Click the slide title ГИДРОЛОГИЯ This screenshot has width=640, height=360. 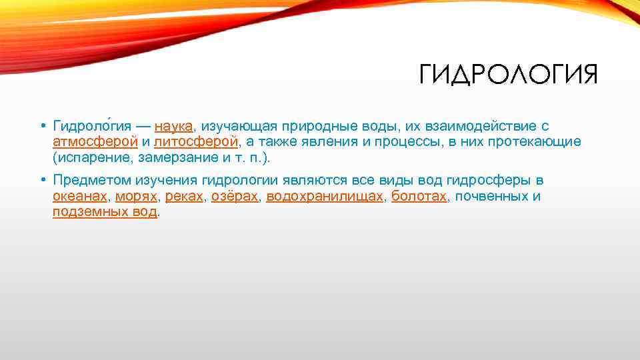pyautogui.click(x=508, y=75)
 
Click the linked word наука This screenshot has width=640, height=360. pyautogui.click(x=173, y=126)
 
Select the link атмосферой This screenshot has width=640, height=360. pyautogui.click(x=95, y=142)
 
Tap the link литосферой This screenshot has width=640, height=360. pyautogui.click(x=195, y=142)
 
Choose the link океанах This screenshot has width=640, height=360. pyautogui.click(x=79, y=197)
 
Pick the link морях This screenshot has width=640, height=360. pyautogui.click(x=136, y=197)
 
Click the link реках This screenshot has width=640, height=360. pyautogui.click(x=185, y=197)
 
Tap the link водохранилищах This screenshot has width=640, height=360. pyautogui.click(x=325, y=197)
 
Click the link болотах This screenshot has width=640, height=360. pyautogui.click(x=419, y=197)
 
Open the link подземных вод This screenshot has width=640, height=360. pyautogui.click(x=105, y=213)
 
